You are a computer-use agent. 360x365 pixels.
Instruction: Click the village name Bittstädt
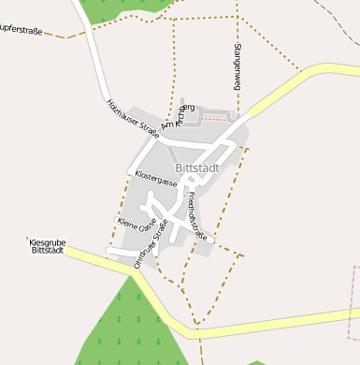click(196, 168)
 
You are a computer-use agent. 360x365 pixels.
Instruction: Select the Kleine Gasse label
click(137, 225)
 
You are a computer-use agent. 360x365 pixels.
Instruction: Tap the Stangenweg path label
click(238, 66)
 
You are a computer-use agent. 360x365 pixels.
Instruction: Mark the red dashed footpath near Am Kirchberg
click(216, 119)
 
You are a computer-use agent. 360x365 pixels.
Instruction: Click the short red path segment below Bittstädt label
click(188, 199)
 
